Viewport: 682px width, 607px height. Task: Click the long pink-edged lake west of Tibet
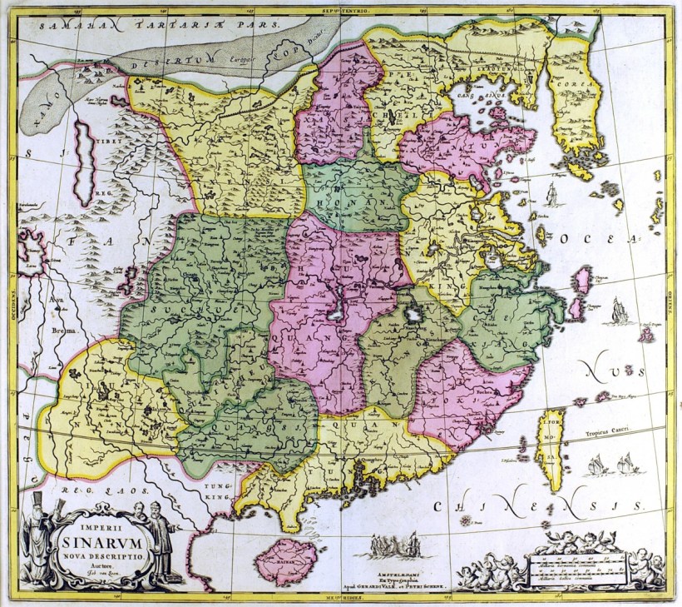pyautogui.click(x=83, y=162)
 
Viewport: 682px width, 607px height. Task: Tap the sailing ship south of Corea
pyautogui.click(x=551, y=195)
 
